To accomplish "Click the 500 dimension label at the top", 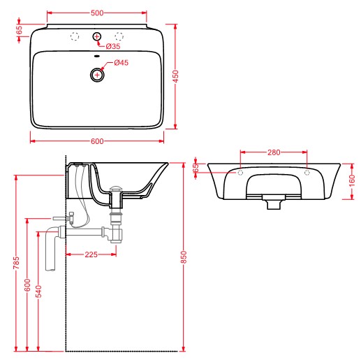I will click(x=97, y=12).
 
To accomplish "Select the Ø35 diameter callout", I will click(x=112, y=46).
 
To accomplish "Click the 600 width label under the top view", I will click(x=97, y=141).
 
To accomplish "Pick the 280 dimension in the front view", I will click(x=274, y=151).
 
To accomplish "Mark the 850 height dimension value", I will click(x=184, y=257).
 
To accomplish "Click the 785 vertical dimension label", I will click(x=16, y=263).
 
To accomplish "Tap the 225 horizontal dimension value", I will click(x=91, y=254).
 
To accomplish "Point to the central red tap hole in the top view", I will click(x=97, y=36).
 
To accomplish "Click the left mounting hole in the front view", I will click(x=240, y=172).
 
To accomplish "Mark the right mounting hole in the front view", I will click(x=307, y=172).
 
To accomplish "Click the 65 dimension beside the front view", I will click(x=196, y=168).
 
